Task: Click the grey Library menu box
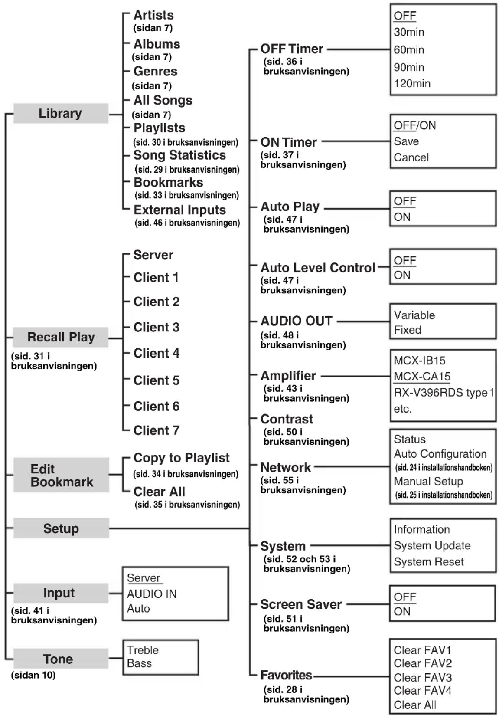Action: pos(60,113)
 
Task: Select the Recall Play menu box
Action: pos(61,337)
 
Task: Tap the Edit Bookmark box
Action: pos(61,475)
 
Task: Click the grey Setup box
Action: pos(61,528)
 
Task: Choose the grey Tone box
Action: pos(58,659)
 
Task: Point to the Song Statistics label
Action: pos(179,155)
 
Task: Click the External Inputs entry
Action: pos(179,210)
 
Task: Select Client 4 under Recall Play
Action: pos(156,353)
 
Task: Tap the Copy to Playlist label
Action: pos(181,458)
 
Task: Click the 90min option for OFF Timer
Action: pos(409,67)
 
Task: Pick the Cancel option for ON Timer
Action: pos(411,157)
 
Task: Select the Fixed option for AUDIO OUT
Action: pos(408,330)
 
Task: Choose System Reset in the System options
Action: pos(428,562)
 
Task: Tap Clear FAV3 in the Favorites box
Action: pos(422,677)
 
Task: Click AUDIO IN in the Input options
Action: pos(152,594)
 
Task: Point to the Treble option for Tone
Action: pos(143,650)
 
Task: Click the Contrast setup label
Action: pos(287,419)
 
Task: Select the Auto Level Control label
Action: pos(317,268)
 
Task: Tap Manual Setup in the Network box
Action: pos(428,482)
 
